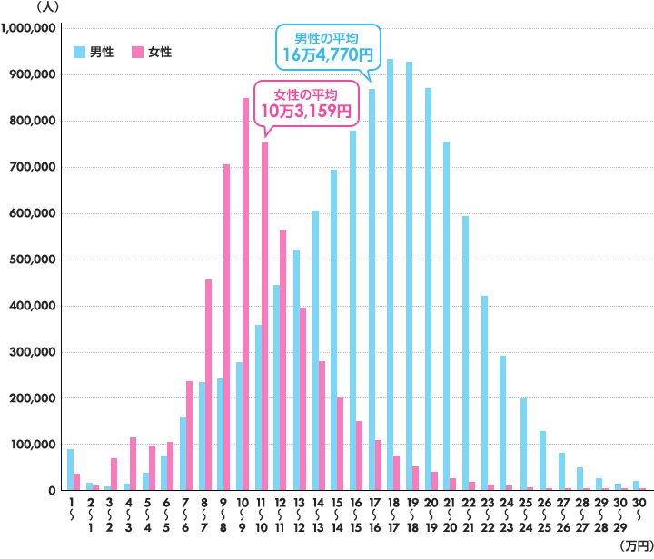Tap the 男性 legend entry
[x=94, y=52]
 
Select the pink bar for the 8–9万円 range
[x=227, y=327]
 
